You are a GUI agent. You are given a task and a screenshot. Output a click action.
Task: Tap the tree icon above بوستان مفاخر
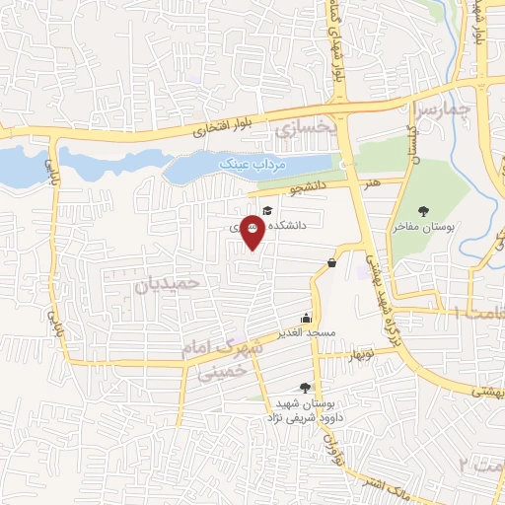pyautogui.click(x=424, y=210)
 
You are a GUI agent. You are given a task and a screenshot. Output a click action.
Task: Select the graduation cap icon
pyautogui.click(x=266, y=207)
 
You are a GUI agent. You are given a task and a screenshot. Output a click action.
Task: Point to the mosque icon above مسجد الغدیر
pyautogui.click(x=306, y=318)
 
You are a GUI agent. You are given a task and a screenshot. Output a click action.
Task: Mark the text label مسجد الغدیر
pyautogui.click(x=308, y=332)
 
